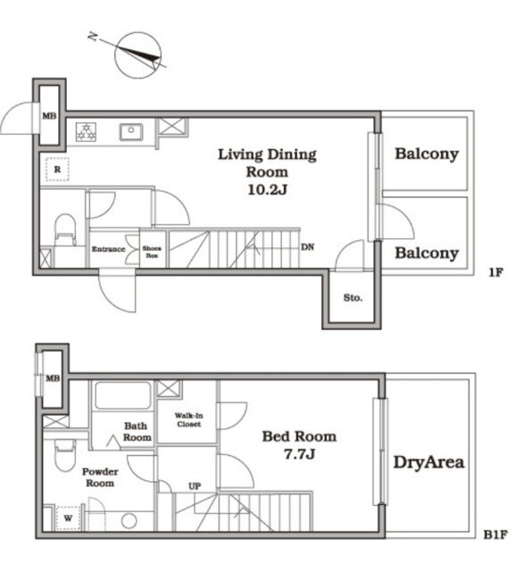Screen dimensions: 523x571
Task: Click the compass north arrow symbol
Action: [x=138, y=55]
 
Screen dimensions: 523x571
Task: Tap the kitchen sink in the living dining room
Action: [x=131, y=132]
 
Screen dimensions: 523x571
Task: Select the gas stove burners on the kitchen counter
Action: [x=87, y=132]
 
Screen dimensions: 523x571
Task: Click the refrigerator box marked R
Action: [x=57, y=170]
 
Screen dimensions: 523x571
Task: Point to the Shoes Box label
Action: [x=152, y=252]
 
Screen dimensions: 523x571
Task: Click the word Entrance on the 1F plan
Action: [x=109, y=249]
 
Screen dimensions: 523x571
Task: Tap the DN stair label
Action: [x=307, y=247]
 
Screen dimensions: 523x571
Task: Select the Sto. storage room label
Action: [x=353, y=298]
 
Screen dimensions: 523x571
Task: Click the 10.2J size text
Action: [x=268, y=189]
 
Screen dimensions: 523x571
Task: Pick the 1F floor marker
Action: [x=495, y=272]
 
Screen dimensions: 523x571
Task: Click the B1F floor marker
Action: [x=495, y=534]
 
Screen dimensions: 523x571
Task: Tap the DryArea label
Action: [x=429, y=462]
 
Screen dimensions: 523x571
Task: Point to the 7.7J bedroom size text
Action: [x=299, y=454]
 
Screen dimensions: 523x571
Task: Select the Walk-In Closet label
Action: [x=188, y=419]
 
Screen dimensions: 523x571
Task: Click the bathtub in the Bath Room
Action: [x=123, y=395]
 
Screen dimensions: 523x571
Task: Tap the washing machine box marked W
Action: [x=68, y=518]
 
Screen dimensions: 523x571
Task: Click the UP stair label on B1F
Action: [x=195, y=486]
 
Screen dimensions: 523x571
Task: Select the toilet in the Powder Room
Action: [x=65, y=455]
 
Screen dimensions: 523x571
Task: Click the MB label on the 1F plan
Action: [x=49, y=116]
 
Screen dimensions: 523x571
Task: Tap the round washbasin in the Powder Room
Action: [x=129, y=521]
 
